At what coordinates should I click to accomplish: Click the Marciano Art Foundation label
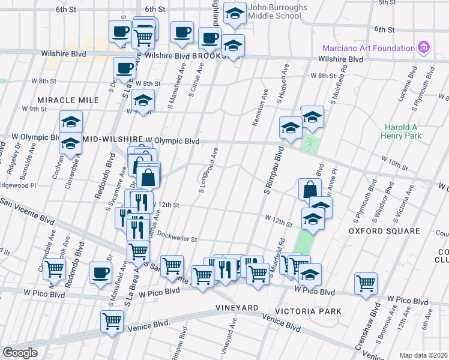[367, 48]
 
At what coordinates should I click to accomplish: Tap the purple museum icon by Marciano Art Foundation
[424, 47]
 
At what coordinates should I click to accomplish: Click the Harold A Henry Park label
[401, 131]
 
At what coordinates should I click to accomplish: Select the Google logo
[20, 352]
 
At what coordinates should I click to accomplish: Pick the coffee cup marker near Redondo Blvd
[100, 272]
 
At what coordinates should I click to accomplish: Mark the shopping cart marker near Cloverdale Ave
[55, 269]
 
